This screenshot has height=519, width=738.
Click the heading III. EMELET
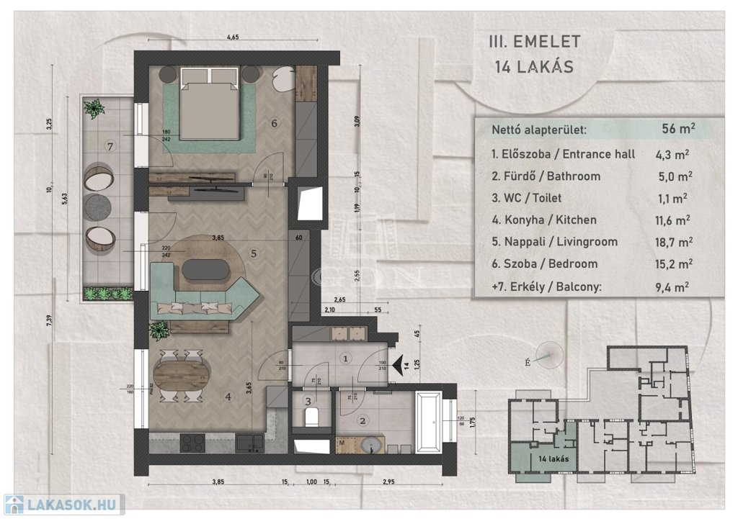tap(534, 42)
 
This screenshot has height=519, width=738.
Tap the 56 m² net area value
tap(678, 130)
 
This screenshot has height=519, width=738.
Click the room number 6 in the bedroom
tap(275, 123)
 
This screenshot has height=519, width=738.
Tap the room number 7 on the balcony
tap(110, 147)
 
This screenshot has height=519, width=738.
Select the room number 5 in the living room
tap(253, 253)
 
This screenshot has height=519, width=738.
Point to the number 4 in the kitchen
tap(228, 395)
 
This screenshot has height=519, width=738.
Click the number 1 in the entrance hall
tap(346, 358)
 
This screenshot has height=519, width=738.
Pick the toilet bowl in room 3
tap(312, 418)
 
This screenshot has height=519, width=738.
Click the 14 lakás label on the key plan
tap(553, 459)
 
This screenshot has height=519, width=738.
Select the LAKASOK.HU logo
tap(63, 505)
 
